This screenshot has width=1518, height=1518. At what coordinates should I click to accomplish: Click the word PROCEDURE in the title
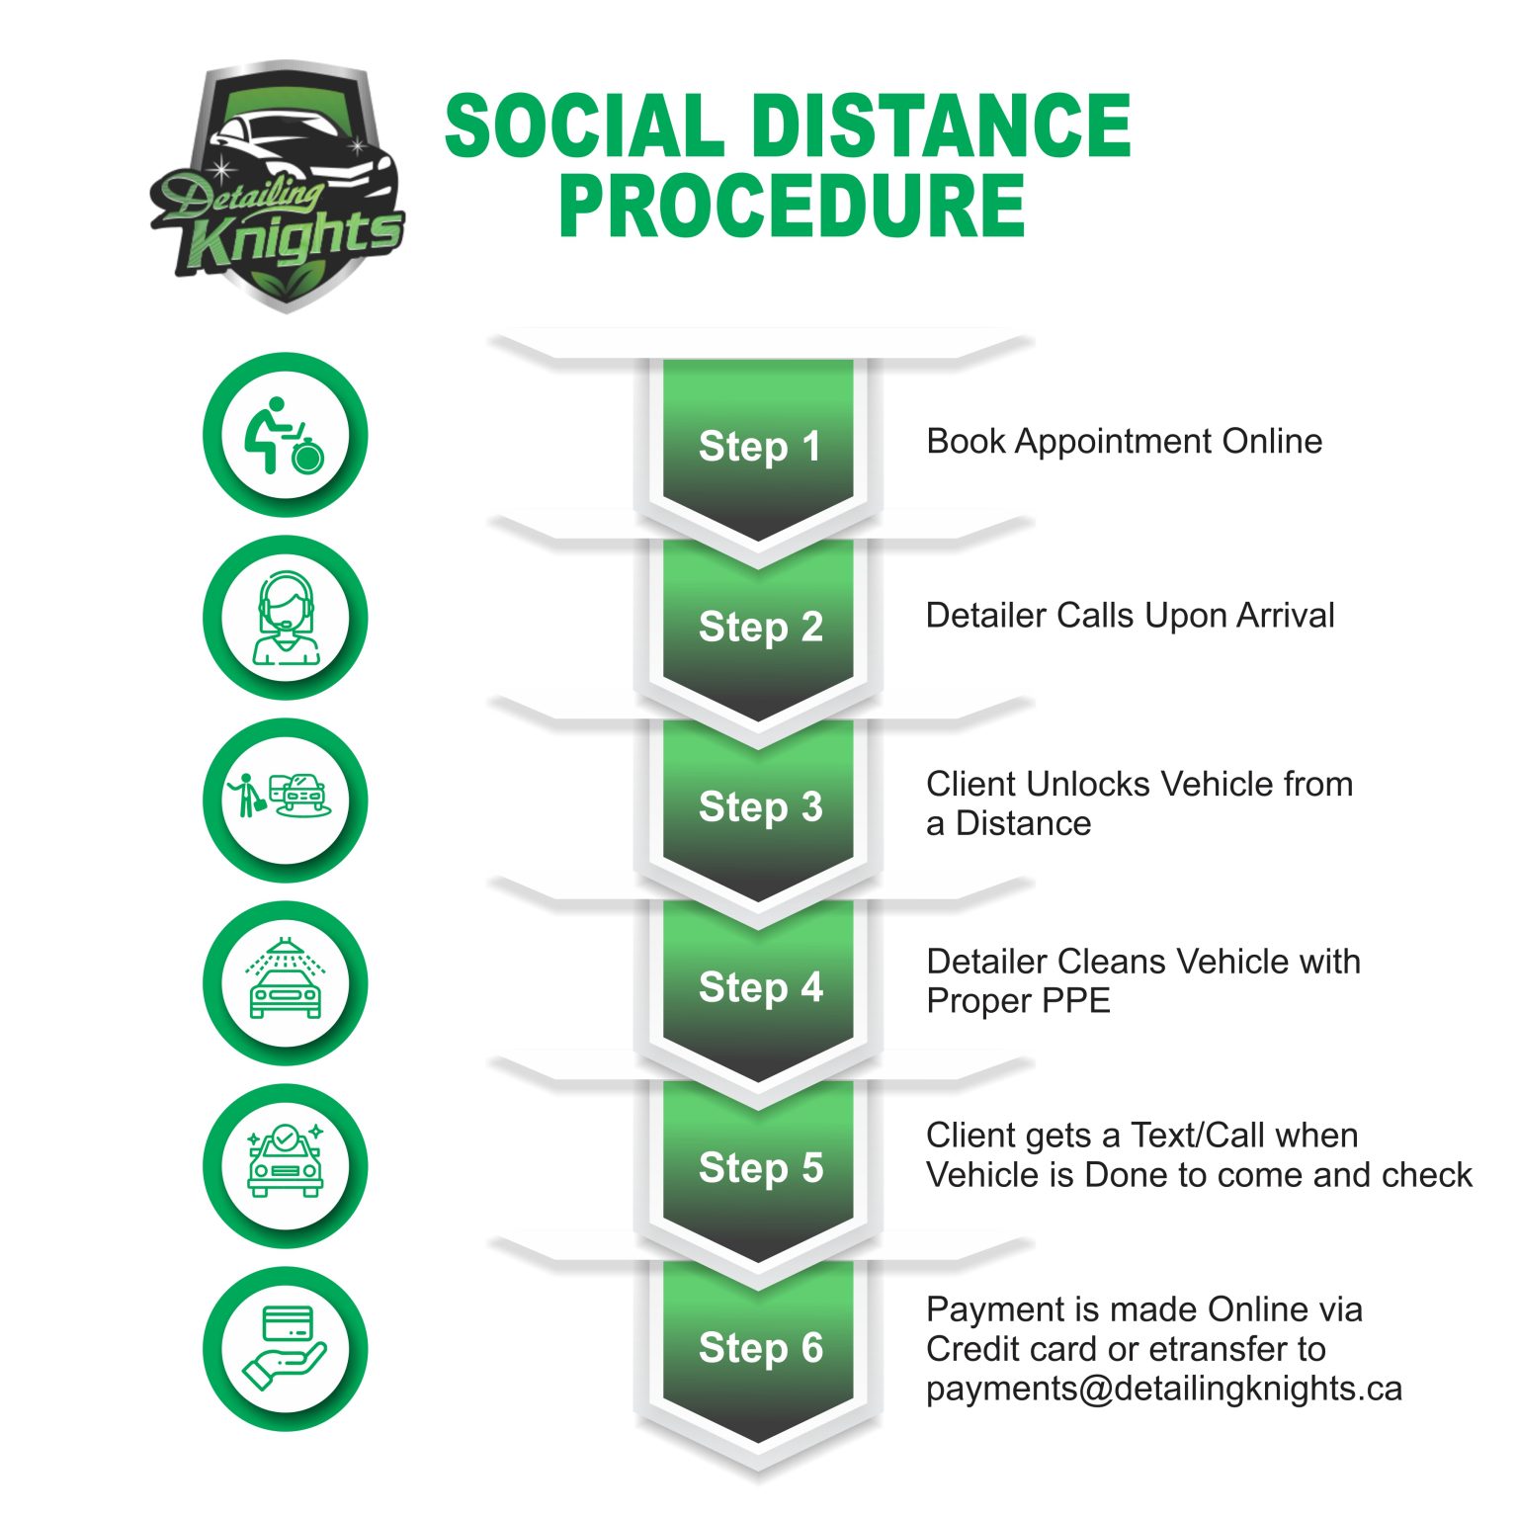(792, 208)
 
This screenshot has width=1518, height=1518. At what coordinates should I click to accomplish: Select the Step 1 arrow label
(759, 447)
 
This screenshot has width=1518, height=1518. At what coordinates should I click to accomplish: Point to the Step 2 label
(760, 628)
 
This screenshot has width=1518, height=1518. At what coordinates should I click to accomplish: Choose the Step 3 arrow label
(760, 807)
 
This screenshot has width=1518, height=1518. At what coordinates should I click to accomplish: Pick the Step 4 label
(760, 987)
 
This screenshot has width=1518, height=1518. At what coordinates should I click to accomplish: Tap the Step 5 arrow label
(760, 1168)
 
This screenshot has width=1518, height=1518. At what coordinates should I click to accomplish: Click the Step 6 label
(760, 1348)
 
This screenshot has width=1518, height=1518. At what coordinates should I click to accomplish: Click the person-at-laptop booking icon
(285, 435)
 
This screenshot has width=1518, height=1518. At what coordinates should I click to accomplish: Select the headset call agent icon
(285, 618)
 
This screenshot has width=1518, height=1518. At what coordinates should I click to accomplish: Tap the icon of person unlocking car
(285, 800)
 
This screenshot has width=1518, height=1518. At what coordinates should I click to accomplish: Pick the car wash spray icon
(285, 982)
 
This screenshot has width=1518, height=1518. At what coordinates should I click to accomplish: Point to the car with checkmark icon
(285, 1165)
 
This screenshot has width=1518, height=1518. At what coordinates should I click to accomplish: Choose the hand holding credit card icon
(285, 1348)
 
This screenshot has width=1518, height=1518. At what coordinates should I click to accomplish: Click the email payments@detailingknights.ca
(1163, 1389)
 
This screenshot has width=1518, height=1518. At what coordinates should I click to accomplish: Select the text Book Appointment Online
(1124, 442)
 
